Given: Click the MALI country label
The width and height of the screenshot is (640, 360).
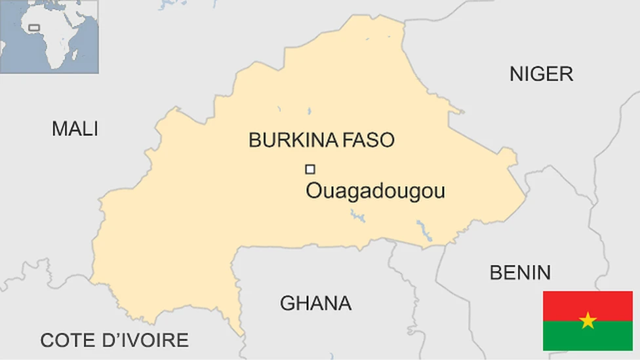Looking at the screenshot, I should [75, 129].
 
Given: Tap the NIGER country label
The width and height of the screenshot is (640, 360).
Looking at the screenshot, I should [541, 74].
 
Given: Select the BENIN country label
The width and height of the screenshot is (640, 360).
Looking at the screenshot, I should [520, 272].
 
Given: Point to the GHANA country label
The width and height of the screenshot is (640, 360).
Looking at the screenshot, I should [315, 304].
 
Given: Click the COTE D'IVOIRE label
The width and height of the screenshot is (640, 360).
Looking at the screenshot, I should [114, 340].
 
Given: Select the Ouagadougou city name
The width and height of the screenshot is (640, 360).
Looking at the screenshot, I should [376, 191].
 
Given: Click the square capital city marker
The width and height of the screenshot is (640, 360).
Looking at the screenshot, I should [310, 169].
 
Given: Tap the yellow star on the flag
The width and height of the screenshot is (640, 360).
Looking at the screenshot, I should [588, 321].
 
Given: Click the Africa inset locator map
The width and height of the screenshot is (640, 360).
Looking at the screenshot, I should [49, 37].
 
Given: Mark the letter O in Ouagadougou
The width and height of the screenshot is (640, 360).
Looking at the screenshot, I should [314, 191].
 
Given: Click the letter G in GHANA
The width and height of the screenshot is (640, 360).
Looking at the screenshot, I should [287, 304].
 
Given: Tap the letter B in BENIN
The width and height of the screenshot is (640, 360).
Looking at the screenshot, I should [496, 272].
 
